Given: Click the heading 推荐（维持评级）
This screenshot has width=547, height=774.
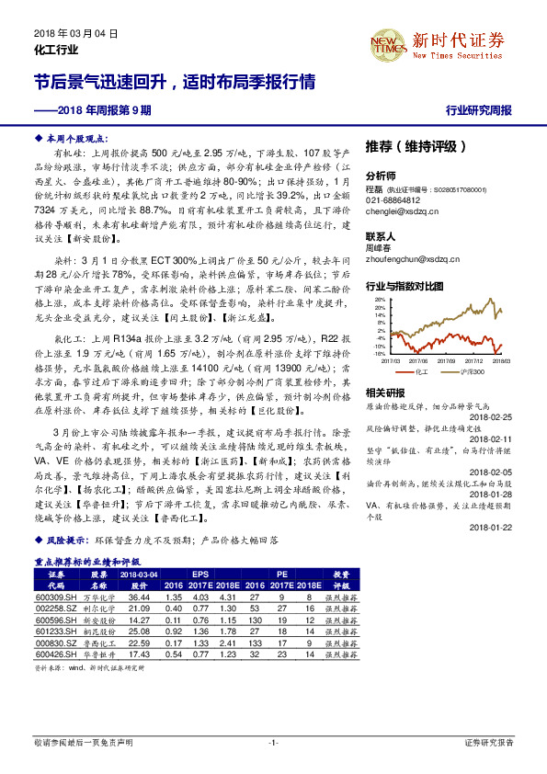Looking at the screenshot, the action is tap(415, 145).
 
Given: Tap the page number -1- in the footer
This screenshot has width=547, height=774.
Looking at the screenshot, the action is tap(273, 741).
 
